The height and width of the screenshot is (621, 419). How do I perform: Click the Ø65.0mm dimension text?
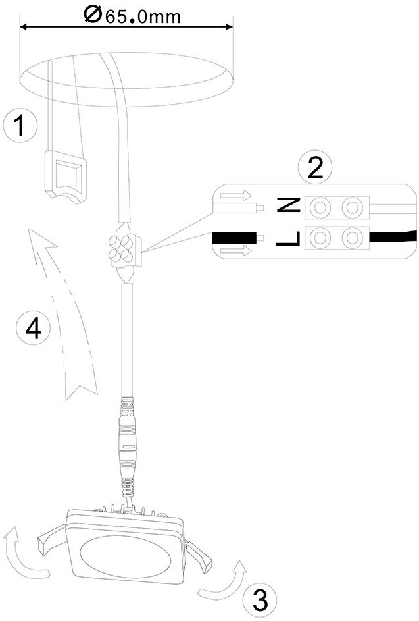[x=132, y=14]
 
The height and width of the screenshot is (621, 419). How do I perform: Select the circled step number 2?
[x=315, y=168]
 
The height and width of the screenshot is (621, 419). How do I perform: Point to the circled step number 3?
[x=260, y=600]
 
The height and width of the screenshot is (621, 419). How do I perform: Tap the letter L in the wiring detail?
[x=287, y=237]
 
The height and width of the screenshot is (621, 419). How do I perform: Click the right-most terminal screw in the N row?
[x=353, y=207]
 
